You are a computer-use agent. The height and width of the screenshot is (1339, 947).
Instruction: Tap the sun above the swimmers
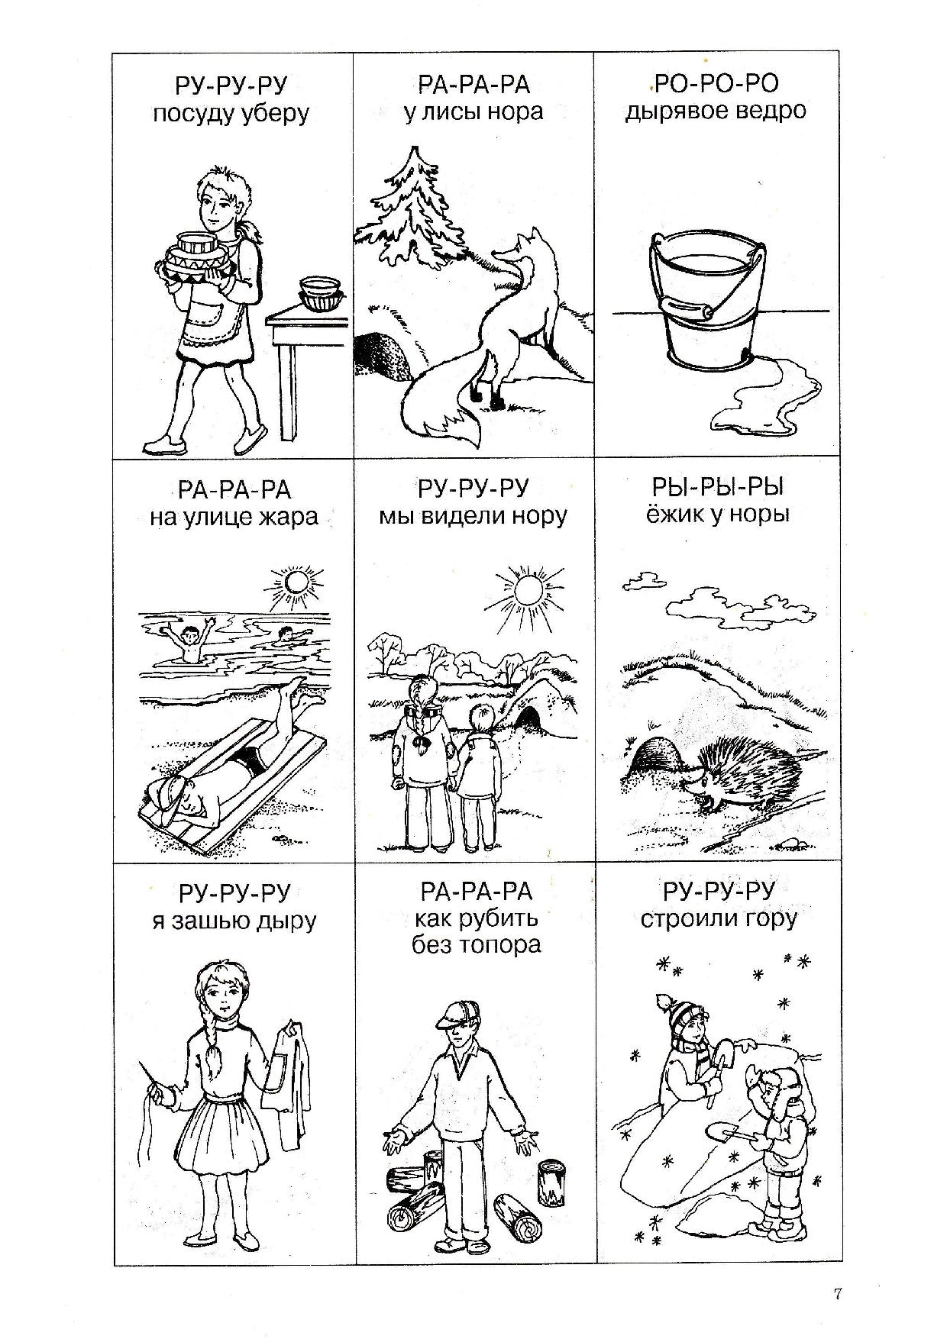[292, 585]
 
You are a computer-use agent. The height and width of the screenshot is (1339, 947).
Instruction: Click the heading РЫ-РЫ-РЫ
[717, 487]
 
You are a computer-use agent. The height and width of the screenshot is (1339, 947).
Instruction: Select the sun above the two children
[525, 589]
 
